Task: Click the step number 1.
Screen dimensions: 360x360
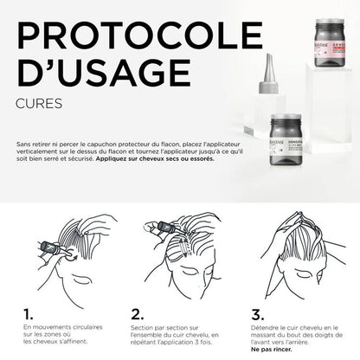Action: [x=28, y=312]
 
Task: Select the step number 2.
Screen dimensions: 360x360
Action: [x=138, y=312]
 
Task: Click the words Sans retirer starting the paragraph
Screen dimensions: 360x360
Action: [x=31, y=144]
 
